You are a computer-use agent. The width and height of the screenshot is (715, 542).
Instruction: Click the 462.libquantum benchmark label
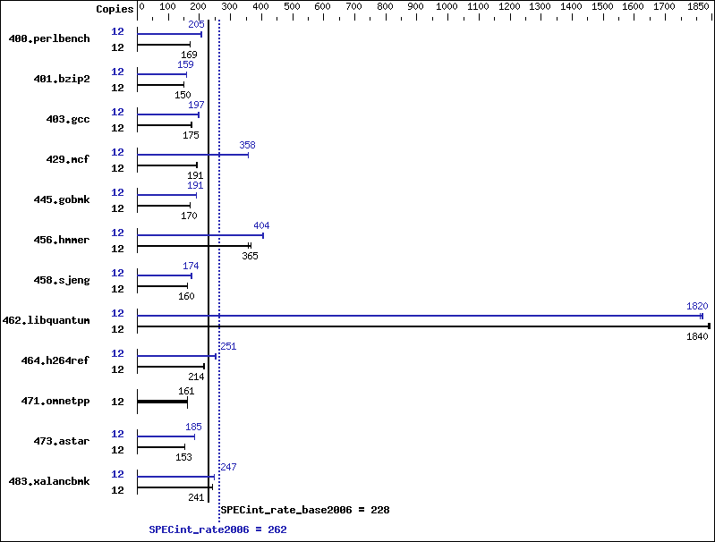(46, 320)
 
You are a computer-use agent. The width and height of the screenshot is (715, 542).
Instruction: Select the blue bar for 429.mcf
(193, 155)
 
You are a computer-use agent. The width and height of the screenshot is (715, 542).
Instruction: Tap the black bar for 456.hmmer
(194, 246)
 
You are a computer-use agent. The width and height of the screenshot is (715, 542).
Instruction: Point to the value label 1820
(697, 306)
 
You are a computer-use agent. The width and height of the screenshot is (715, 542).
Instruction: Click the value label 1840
(697, 336)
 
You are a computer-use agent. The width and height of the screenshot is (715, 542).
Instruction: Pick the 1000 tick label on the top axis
(447, 6)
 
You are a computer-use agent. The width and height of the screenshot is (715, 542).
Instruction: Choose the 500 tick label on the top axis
(292, 6)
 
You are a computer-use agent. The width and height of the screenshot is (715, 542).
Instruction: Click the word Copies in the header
(115, 9)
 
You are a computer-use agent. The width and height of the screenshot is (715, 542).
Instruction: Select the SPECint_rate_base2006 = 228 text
(305, 510)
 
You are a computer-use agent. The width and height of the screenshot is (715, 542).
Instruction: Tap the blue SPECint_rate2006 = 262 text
(218, 529)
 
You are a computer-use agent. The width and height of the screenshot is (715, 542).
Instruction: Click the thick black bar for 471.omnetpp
(162, 402)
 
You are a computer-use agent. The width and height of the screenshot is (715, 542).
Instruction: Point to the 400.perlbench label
(49, 38)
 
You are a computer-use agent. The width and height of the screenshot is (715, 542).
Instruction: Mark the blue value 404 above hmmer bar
(261, 225)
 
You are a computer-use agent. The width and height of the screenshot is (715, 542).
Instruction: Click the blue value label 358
(247, 145)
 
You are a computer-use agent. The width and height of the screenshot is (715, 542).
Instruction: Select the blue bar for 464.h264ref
(177, 356)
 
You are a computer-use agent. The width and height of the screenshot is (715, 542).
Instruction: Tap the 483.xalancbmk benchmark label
(49, 481)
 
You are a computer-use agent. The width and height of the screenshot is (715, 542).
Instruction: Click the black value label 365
(250, 256)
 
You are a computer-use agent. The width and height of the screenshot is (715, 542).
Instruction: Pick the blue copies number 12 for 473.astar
(117, 434)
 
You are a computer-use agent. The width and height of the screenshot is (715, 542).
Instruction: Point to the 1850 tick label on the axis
(698, 6)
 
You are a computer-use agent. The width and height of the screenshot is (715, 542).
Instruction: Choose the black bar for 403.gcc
(165, 125)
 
